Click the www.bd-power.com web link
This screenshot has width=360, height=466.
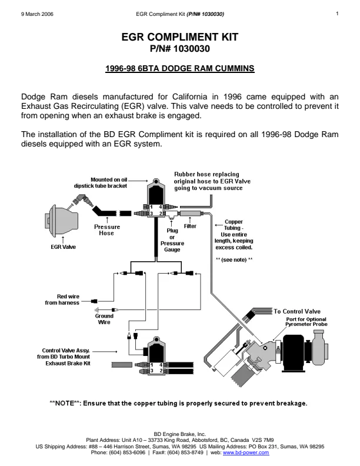point(246,452)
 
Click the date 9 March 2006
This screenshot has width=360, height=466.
point(37,14)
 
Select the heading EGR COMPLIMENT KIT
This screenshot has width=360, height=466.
point(179,37)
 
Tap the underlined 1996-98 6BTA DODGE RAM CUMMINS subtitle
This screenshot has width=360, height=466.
point(179,69)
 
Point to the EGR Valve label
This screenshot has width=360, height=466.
point(64,247)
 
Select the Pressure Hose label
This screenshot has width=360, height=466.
point(107,230)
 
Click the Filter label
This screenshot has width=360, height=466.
point(190,226)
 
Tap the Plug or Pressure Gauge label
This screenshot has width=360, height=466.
point(172,240)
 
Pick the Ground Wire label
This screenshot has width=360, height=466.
point(104,319)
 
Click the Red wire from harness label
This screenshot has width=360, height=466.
point(62,299)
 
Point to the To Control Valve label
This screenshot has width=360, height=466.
point(297,311)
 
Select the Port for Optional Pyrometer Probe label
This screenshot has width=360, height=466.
point(306,322)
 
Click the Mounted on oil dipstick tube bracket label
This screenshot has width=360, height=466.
point(101,183)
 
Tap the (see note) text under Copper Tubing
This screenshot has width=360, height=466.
point(234,259)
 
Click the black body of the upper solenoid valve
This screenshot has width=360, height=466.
point(156,194)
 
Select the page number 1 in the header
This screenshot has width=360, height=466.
point(337,14)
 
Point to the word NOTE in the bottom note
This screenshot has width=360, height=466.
point(65,403)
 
